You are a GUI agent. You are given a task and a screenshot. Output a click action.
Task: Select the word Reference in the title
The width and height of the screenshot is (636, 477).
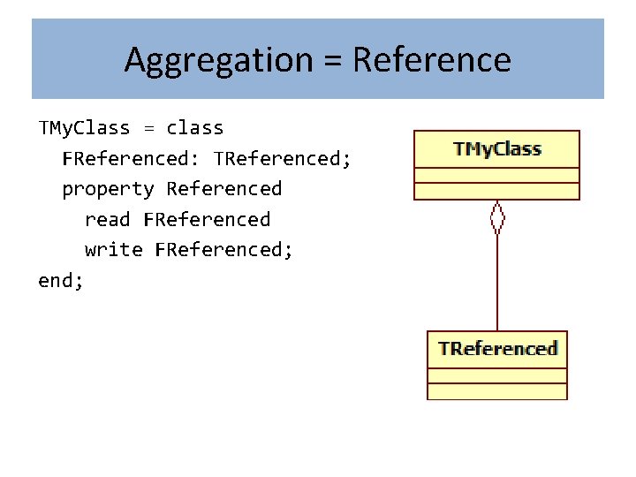click(x=431, y=60)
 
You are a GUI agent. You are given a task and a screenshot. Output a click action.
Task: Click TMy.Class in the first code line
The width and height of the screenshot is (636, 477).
click(x=84, y=128)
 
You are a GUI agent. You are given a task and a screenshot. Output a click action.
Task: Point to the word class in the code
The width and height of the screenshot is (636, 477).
click(x=194, y=128)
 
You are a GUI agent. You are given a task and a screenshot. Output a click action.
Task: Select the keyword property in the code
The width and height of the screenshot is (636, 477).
click(x=108, y=189)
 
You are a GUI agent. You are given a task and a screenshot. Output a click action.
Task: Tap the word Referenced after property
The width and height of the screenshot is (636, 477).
click(x=223, y=189)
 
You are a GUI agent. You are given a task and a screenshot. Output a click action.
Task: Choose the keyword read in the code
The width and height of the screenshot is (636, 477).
click(x=107, y=219)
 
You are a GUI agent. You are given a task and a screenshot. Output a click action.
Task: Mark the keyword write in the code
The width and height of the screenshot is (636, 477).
click(x=113, y=249)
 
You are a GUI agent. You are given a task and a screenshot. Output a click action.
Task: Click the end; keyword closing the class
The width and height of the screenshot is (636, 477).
click(x=61, y=280)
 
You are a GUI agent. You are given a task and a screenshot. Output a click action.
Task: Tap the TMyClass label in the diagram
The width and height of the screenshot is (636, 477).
click(x=497, y=148)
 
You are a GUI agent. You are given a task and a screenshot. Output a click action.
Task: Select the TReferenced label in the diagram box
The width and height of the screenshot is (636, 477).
click(x=497, y=348)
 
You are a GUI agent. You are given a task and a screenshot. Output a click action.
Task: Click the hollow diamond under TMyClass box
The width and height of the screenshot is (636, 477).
click(x=497, y=216)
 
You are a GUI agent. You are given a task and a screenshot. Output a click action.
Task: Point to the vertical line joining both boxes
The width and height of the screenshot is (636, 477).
click(x=497, y=283)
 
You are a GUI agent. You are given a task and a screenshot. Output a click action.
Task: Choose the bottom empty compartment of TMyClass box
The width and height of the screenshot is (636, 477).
click(x=497, y=191)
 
